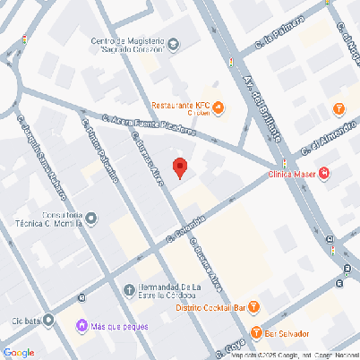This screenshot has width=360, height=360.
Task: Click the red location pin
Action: tap(179, 167)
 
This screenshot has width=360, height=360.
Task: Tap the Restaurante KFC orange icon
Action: tap(218, 109)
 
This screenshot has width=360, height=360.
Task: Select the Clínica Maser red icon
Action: tap(324, 172)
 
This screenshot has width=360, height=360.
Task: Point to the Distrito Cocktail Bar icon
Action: tap(253, 308)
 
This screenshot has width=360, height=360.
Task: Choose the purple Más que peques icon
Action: tap(82, 324)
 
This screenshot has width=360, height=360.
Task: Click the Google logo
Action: tap(19, 352)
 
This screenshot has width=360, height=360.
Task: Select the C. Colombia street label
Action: tap(187, 228)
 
